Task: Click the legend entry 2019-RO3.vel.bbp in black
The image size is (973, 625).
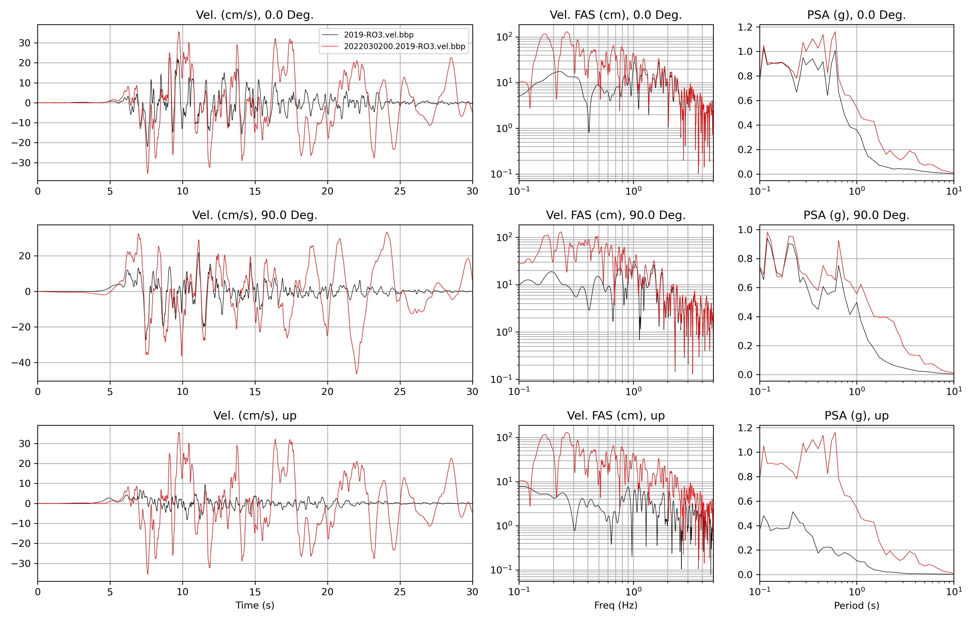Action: pyautogui.click(x=379, y=35)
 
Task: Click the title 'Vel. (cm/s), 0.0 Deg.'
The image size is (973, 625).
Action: pyautogui.click(x=255, y=15)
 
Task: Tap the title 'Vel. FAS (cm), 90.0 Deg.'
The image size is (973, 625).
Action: pyautogui.click(x=616, y=215)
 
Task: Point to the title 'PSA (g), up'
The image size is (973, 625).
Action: pyautogui.click(x=856, y=416)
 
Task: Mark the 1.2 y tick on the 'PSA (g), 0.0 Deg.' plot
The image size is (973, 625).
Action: pyautogui.click(x=745, y=27)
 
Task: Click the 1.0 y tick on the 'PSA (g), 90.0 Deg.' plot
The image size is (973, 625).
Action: pyautogui.click(x=745, y=230)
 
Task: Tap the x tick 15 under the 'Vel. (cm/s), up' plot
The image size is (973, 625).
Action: pyautogui.click(x=255, y=592)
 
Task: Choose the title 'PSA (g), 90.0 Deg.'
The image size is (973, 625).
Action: pyautogui.click(x=856, y=215)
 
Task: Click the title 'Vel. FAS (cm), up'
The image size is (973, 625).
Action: pyautogui.click(x=616, y=416)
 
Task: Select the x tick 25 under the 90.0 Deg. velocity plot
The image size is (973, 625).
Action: pyautogui.click(x=400, y=392)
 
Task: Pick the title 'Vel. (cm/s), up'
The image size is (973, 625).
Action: pyautogui.click(x=255, y=416)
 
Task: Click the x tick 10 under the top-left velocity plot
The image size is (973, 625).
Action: pyautogui.click(x=182, y=191)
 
